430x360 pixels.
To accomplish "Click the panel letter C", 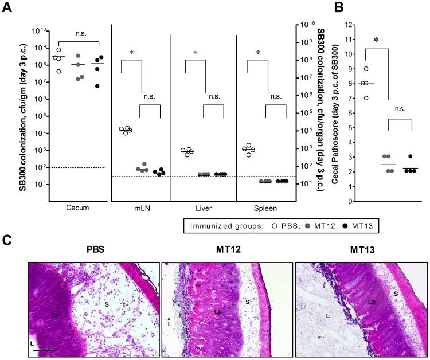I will click(x=7, y=237).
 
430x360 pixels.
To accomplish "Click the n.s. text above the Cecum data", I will click(x=78, y=34).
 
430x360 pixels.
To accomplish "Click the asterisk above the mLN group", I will click(x=131, y=53).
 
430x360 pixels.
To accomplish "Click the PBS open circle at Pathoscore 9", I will click(x=366, y=69).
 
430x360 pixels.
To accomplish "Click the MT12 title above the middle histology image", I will click(x=226, y=252).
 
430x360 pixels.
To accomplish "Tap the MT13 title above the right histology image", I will click(x=358, y=252).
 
